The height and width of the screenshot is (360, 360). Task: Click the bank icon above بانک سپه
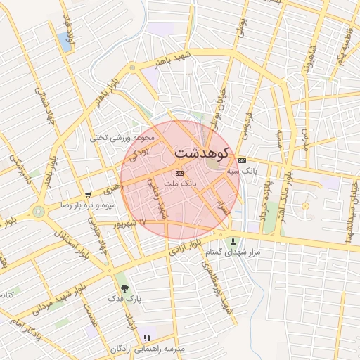243,160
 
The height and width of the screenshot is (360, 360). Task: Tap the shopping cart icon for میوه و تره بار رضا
88,195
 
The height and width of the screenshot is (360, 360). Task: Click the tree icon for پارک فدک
125,288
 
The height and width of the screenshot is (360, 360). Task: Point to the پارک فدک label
124,299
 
